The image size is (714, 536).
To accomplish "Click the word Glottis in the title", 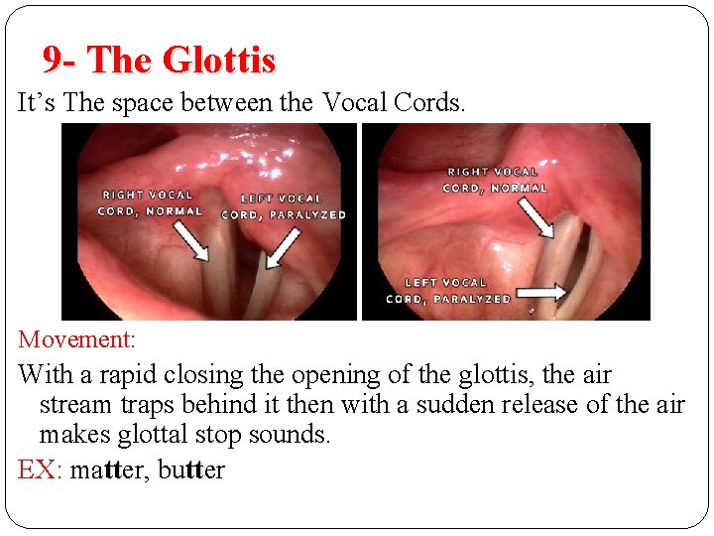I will click(219, 61).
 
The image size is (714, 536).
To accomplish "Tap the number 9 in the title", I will click(53, 61).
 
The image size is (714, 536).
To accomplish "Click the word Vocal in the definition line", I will click(354, 102).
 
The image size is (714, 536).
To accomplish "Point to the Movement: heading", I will click(76, 339).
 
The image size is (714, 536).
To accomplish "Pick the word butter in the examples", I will click(191, 469).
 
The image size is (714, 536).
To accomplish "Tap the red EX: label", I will click(40, 469).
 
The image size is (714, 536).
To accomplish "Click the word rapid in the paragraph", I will click(132, 375).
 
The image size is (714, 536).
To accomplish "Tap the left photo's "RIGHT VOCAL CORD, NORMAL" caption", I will click(150, 202).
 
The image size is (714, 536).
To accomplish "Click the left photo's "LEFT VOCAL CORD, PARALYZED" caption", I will click(283, 206).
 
